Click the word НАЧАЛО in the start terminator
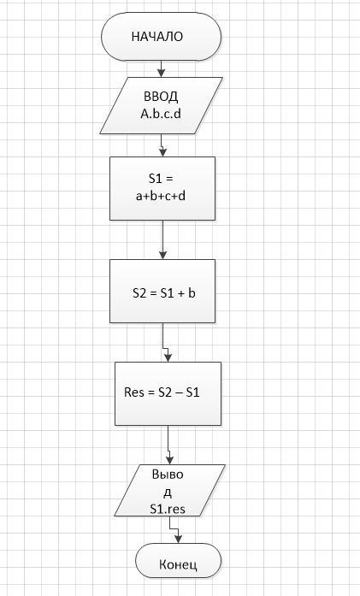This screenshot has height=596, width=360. [157, 37]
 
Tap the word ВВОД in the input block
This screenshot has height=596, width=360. [161, 97]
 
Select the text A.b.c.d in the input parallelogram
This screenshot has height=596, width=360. [161, 114]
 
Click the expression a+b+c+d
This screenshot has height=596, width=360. [161, 196]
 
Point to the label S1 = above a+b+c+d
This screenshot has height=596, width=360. [161, 179]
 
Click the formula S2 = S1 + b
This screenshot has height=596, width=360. [164, 293]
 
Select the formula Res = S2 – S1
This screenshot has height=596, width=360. [162, 392]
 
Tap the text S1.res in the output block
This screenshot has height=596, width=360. [168, 509]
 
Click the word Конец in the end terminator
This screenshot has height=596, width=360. [178, 564]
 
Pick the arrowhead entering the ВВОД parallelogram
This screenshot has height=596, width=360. [161, 73]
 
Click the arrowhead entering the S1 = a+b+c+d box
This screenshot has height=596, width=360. [162, 152]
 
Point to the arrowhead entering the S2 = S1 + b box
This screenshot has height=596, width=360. [162, 255]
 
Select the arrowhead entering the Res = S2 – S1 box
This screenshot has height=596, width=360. [168, 357]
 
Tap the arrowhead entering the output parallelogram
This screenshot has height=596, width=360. [169, 460]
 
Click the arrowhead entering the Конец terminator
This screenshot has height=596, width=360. [178, 539]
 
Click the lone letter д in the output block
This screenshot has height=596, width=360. [168, 493]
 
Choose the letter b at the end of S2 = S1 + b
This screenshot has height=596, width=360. [192, 293]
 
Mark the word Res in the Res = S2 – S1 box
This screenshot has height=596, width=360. [134, 392]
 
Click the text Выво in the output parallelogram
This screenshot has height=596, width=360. [168, 475]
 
